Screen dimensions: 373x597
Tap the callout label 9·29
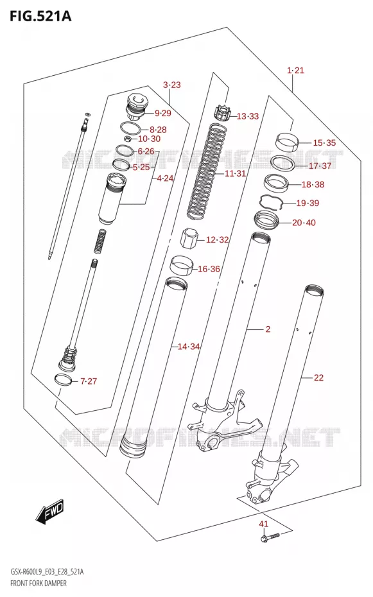[163, 113]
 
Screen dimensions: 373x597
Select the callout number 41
[264, 524]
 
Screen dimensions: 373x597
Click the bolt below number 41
[270, 537]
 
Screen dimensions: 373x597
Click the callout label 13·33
[248, 116]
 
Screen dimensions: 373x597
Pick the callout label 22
[318, 377]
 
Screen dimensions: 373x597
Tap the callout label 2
[268, 329]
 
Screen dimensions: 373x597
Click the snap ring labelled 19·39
[272, 202]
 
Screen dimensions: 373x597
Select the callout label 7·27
[89, 381]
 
